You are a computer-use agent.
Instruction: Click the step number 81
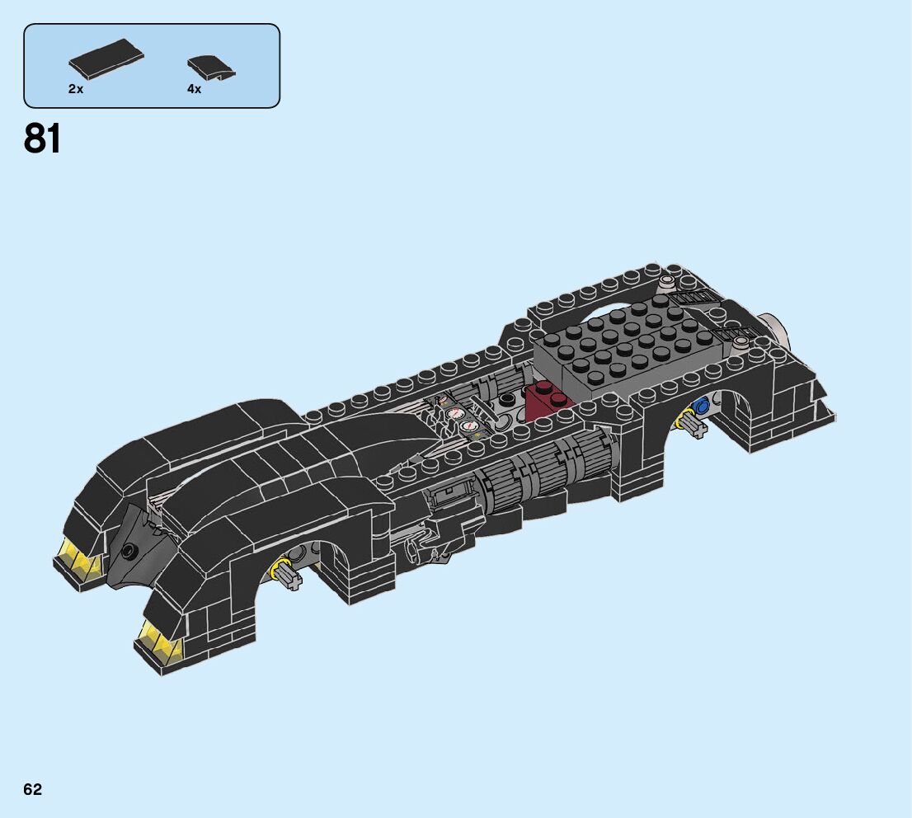(43, 138)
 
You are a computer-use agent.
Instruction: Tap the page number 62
(32, 789)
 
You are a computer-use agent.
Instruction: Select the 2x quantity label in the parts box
(76, 88)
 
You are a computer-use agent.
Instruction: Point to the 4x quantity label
(194, 88)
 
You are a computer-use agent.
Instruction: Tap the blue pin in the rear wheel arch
(702, 406)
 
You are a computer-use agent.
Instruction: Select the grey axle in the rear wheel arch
(693, 425)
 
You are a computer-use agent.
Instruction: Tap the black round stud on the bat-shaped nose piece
(129, 551)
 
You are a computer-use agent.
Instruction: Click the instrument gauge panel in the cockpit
(458, 416)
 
